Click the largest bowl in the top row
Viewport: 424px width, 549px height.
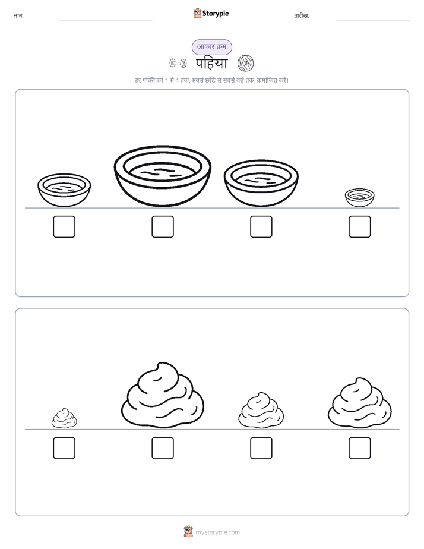pyautogui.click(x=163, y=176)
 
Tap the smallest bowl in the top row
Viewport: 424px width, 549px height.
pyautogui.click(x=359, y=198)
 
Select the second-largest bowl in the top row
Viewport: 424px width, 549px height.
pyautogui.click(x=261, y=184)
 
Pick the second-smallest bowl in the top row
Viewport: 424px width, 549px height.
pyautogui.click(x=64, y=190)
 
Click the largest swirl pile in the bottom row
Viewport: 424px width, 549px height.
pyautogui.click(x=163, y=395)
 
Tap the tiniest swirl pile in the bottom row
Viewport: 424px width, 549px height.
pyautogui.click(x=64, y=418)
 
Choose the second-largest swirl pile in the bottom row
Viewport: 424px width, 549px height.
pyautogui.click(x=360, y=403)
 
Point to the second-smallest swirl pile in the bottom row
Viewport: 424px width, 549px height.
pyautogui.click(x=261, y=410)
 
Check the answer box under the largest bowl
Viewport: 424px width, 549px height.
pyautogui.click(x=163, y=226)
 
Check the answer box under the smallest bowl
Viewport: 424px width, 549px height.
pyautogui.click(x=360, y=226)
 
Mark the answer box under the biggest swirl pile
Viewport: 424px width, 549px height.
pyautogui.click(x=163, y=448)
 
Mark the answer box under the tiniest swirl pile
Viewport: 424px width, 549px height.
pyautogui.click(x=64, y=448)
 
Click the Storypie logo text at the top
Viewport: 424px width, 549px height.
pyautogui.click(x=216, y=14)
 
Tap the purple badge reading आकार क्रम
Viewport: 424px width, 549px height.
pyautogui.click(x=211, y=47)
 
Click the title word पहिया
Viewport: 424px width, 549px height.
pyautogui.click(x=211, y=64)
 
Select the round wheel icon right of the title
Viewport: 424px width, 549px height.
pyautogui.click(x=246, y=64)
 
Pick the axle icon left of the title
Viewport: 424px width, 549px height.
pyautogui.click(x=178, y=64)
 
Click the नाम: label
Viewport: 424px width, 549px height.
pyautogui.click(x=18, y=16)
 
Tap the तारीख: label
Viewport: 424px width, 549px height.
pyautogui.click(x=302, y=16)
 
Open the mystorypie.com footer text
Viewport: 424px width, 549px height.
pyautogui.click(x=217, y=532)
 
